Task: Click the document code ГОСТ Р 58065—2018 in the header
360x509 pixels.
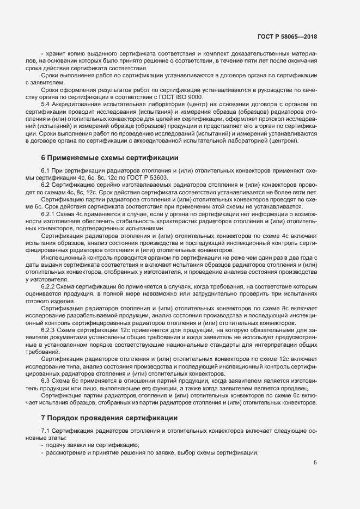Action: tap(287, 36)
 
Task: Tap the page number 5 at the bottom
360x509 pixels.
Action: tap(315, 463)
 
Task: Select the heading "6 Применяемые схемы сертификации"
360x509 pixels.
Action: tap(109, 158)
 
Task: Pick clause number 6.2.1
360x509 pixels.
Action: tap(49, 214)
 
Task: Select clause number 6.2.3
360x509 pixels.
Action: tap(49, 330)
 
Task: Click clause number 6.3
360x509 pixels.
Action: tap(46, 380)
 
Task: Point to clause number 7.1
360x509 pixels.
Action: tap(46, 432)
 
